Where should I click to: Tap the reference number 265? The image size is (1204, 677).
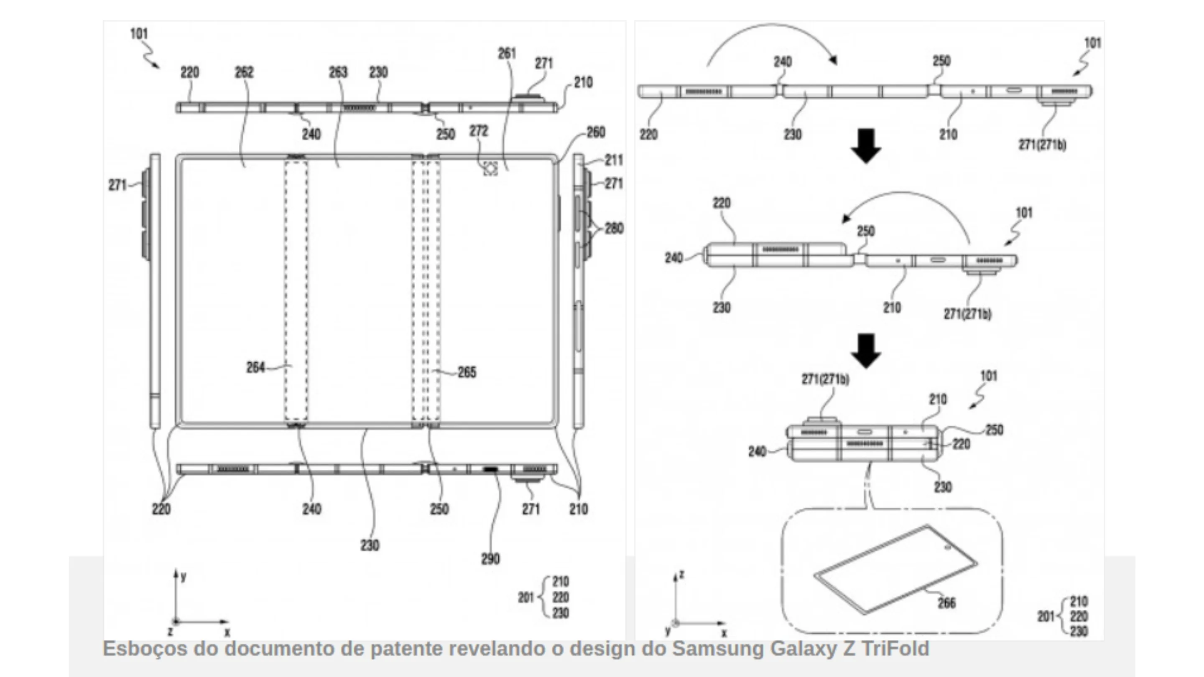pos(467,372)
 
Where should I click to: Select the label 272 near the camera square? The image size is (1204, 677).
pos(479,131)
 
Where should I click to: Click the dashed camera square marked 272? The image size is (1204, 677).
pos(490,169)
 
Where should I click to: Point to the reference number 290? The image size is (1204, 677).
pos(490,559)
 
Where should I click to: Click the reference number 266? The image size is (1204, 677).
pos(946,603)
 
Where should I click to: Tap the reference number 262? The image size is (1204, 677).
pos(244,72)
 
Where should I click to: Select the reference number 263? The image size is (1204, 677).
pos(338,72)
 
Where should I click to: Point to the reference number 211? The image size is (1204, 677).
pos(614,160)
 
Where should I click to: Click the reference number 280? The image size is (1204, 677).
pos(614,229)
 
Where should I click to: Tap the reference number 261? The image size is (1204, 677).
pos(507,54)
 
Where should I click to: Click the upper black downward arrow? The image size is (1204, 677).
pos(866,146)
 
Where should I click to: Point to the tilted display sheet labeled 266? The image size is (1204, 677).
pos(895,570)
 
